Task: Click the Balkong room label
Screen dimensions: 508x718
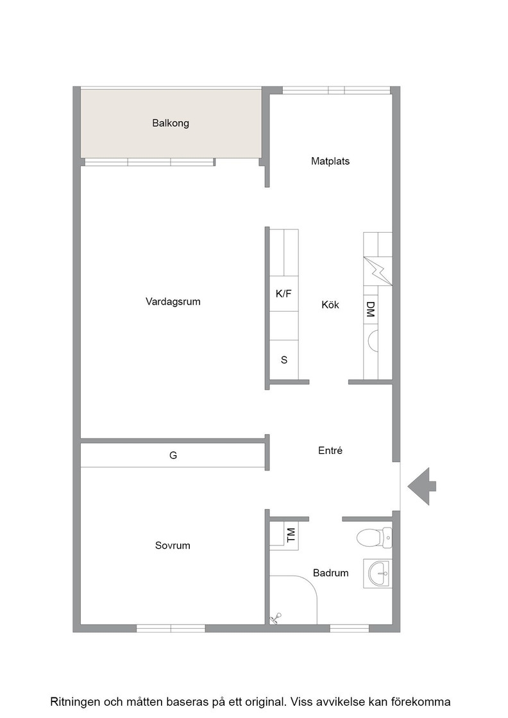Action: [x=171, y=123]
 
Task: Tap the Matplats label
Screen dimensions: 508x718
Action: [x=330, y=161]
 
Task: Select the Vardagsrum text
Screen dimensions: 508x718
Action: [x=173, y=302]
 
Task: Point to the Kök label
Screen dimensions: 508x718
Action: [x=330, y=305]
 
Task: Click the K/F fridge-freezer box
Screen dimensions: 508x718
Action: [x=284, y=294]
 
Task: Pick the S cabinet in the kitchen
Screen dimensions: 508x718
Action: [x=284, y=360]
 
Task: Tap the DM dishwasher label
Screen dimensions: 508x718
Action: [x=371, y=309]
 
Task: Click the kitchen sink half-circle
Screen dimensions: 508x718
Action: [x=373, y=340]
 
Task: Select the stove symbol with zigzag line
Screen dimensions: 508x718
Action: [x=378, y=271]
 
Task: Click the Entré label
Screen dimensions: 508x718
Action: [x=330, y=451]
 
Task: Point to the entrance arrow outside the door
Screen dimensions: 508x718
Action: [x=422, y=487]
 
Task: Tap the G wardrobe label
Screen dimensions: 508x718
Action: [x=173, y=455]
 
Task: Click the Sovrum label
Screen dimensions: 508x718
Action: [x=173, y=546]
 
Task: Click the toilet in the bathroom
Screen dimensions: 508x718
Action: [x=374, y=538]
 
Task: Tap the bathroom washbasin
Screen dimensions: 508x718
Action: [x=378, y=573]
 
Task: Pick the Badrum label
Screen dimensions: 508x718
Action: [x=330, y=573]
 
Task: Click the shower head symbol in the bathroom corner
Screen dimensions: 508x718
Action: [x=275, y=619]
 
